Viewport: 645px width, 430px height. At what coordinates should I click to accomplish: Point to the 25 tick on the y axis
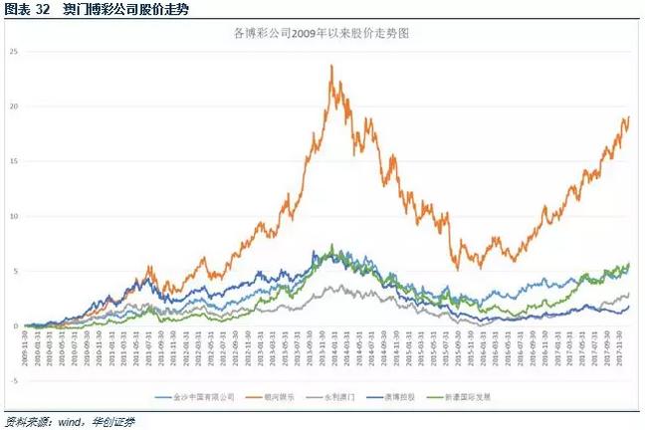[14, 52]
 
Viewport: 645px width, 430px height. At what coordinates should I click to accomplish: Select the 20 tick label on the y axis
[14, 107]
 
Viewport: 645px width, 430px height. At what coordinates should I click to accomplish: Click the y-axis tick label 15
[14, 161]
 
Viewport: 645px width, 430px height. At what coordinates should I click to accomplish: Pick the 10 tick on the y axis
[14, 216]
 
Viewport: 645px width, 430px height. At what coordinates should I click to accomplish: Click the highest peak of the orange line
[330, 66]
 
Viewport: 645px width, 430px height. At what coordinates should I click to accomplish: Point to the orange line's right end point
[629, 116]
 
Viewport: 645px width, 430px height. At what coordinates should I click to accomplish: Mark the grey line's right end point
[629, 294]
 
